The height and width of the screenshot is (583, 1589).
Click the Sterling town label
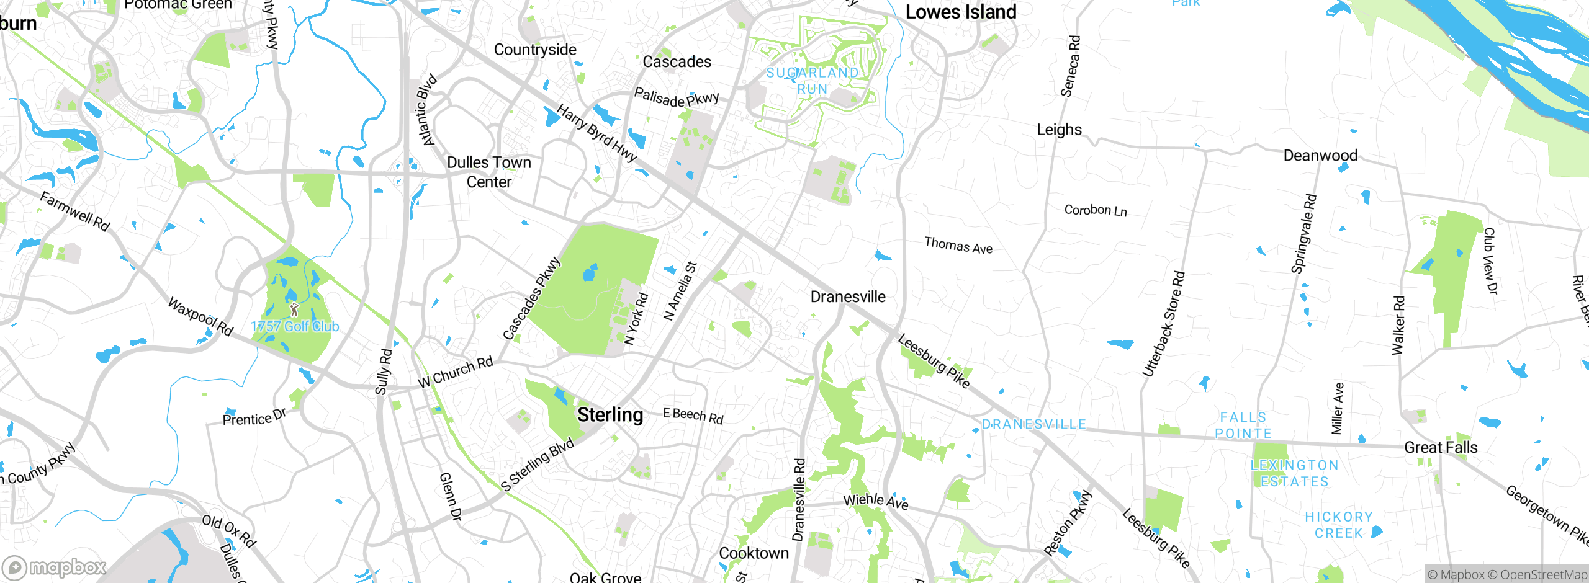pyautogui.click(x=610, y=415)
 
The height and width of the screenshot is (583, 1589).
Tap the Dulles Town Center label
pyautogui.click(x=489, y=172)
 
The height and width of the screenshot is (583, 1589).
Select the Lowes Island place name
pyautogui.click(x=961, y=12)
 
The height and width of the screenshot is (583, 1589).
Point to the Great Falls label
pyautogui.click(x=1441, y=447)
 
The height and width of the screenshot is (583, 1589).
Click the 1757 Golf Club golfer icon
pyautogui.click(x=294, y=308)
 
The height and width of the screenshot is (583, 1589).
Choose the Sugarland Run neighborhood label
pyautogui.click(x=813, y=81)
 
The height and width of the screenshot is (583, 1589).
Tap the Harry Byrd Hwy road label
pyautogui.click(x=596, y=133)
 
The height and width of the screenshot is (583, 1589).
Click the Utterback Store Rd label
pyautogui.click(x=1164, y=324)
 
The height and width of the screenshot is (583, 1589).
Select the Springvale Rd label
pyautogui.click(x=1303, y=234)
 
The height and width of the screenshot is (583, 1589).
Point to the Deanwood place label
pyautogui.click(x=1320, y=156)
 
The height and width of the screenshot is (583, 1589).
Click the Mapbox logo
pyautogui.click(x=55, y=567)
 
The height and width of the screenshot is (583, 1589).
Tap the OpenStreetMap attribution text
pyautogui.click(x=1537, y=575)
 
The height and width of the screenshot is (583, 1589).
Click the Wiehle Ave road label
pyautogui.click(x=875, y=501)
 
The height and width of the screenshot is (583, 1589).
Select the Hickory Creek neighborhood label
pyautogui.click(x=1339, y=525)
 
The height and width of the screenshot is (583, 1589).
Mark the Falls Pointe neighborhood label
pyautogui.click(x=1243, y=425)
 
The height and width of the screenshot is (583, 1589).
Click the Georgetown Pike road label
pyautogui.click(x=1546, y=517)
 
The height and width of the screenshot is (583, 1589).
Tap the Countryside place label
pyautogui.click(x=535, y=50)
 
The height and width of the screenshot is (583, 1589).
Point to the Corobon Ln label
pyautogui.click(x=1096, y=210)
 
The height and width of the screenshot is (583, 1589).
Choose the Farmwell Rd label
pyautogui.click(x=74, y=211)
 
